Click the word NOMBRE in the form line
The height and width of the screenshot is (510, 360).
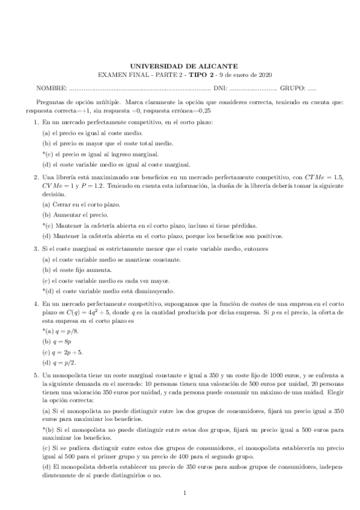point(49,88)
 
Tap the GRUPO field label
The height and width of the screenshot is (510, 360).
point(292,88)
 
